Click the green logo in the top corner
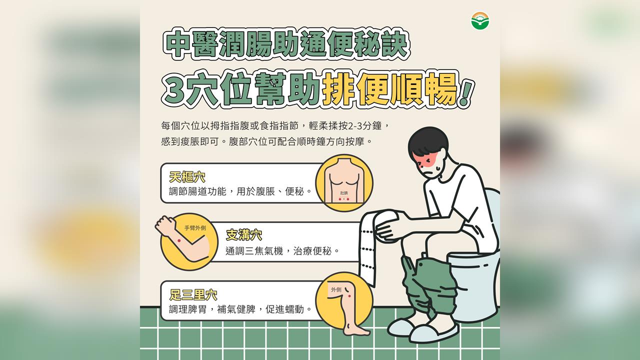(480, 21)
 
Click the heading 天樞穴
(187, 177)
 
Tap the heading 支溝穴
(243, 235)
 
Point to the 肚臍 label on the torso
(344, 192)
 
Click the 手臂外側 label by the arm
(195, 228)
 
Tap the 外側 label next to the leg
(335, 289)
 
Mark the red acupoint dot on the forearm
(178, 241)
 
